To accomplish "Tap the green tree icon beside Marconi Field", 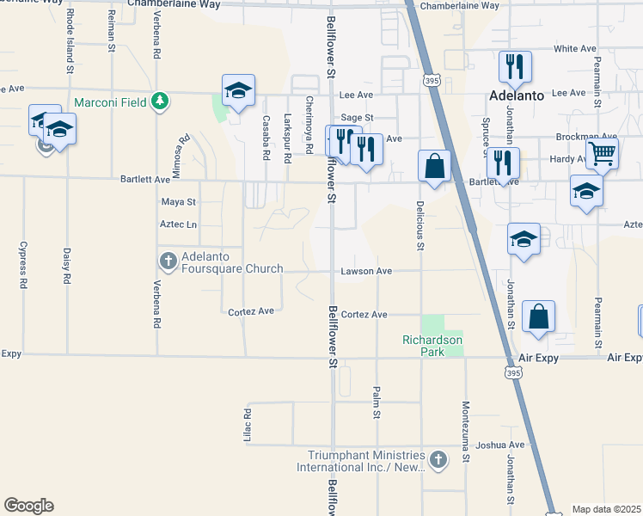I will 159,101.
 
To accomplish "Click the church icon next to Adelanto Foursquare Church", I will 168,259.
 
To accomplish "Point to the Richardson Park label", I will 432,340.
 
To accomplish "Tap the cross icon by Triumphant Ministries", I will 438,459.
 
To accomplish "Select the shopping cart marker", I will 603,154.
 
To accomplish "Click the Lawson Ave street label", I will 366,271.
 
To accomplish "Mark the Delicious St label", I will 420,226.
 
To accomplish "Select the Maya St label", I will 179,202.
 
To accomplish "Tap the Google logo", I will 28,506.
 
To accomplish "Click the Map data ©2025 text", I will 605,509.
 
